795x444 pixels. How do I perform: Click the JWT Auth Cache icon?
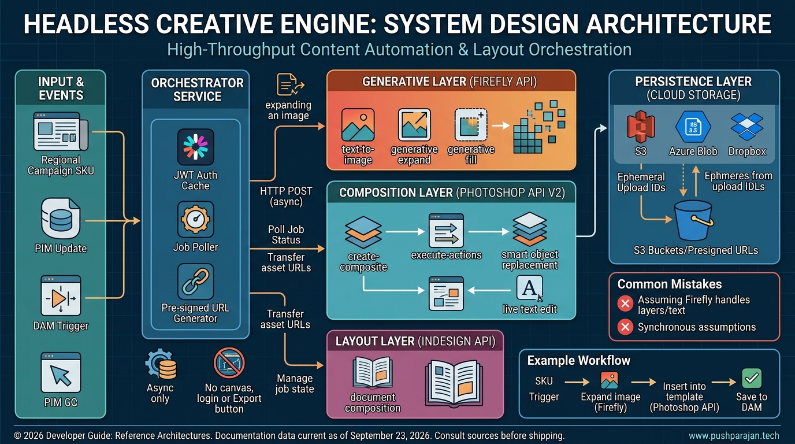point(195,147)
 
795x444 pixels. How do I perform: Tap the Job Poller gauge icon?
point(195,219)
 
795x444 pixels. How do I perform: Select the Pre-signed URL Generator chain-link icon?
point(195,282)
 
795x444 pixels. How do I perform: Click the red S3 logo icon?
point(641,127)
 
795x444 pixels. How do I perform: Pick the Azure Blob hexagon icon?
point(693,127)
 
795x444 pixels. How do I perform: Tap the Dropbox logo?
point(747,127)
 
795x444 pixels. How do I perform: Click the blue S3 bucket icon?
point(693,220)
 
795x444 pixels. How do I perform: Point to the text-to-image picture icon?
point(358,125)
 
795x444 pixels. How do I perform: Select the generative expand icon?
point(414,125)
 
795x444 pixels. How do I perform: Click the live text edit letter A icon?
point(529,288)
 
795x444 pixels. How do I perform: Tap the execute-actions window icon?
point(446,231)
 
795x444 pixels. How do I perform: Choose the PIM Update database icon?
point(61,218)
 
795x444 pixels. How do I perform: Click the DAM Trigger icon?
point(61,296)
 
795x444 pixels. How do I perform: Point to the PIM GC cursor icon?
point(61,373)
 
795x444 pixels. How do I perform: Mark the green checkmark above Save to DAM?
point(751,378)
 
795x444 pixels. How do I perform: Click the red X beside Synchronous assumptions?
point(625,327)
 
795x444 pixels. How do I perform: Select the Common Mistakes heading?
point(670,284)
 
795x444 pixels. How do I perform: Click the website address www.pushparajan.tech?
point(734,435)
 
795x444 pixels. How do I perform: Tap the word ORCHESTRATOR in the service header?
point(198,83)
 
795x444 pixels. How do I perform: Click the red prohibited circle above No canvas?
point(229,363)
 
